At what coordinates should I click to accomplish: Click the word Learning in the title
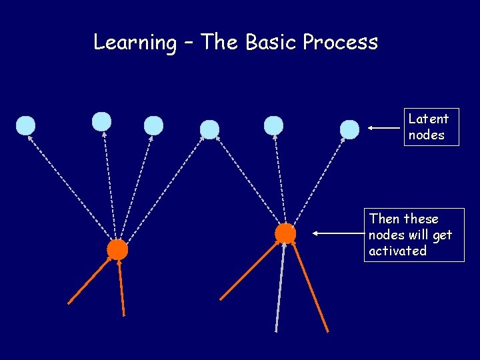(135, 43)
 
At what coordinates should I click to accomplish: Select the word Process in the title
(340, 42)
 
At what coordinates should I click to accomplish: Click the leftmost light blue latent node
(25, 125)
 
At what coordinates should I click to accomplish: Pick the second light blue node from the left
(101, 121)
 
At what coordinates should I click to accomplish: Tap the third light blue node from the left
(153, 125)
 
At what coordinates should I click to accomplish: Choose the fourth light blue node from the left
(209, 129)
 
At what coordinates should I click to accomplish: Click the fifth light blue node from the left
(273, 125)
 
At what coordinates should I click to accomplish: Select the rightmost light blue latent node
(349, 129)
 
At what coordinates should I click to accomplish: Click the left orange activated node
(117, 249)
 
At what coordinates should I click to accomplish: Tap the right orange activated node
(285, 233)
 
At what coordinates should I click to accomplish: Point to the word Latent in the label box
(428, 119)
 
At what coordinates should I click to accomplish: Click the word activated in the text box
(397, 251)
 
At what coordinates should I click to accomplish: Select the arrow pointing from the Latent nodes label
(383, 127)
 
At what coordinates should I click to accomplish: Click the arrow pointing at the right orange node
(337, 234)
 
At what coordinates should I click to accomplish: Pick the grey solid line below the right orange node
(280, 287)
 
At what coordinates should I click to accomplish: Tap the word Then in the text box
(385, 219)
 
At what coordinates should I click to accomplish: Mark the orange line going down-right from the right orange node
(310, 287)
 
